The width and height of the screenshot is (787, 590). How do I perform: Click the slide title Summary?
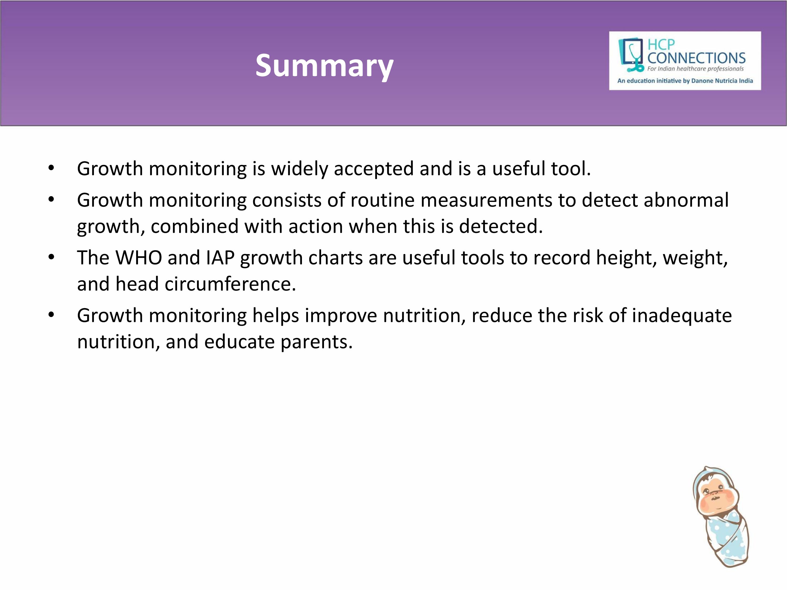tap(325, 66)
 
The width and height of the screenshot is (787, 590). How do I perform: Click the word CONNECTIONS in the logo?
tap(696, 58)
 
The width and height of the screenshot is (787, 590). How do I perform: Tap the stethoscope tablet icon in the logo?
tap(631, 55)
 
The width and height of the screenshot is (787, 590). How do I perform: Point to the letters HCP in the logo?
tap(661, 45)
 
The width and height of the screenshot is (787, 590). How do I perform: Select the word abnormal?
tap(686, 200)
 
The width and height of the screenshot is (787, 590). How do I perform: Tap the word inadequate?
tap(682, 315)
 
